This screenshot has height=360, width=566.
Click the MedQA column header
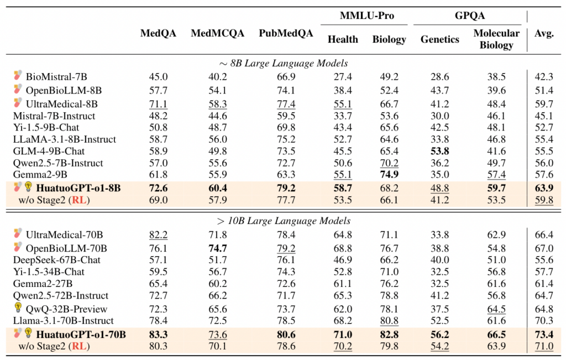tap(158, 34)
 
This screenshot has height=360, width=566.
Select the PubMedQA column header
tap(286, 34)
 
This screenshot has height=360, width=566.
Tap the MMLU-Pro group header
tap(367, 15)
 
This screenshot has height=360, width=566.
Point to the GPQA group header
tap(470, 15)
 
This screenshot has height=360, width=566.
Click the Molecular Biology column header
tap(496, 39)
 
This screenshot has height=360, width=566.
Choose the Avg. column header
tap(544, 34)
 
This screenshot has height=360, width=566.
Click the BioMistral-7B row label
tap(56, 77)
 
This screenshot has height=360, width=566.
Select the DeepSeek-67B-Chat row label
tap(57, 260)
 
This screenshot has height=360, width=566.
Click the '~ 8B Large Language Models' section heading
tap(284, 63)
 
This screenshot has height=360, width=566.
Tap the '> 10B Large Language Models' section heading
tap(284, 221)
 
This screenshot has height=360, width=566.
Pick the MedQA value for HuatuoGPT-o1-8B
tap(158, 188)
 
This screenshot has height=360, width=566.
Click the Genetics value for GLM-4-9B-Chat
tap(439, 151)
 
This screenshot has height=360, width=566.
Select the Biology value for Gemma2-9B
tap(389, 174)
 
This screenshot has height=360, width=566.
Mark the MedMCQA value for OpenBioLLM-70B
tap(218, 248)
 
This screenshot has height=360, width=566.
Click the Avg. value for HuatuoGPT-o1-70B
tap(544, 335)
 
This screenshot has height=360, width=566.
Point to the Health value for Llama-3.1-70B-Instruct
tap(343, 321)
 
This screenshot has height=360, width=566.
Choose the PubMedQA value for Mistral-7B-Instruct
tap(286, 116)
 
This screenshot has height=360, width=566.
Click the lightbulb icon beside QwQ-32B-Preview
tap(18, 307)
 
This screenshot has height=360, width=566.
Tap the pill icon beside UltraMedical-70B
tap(18, 233)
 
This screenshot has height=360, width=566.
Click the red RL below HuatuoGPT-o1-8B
tap(79, 200)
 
